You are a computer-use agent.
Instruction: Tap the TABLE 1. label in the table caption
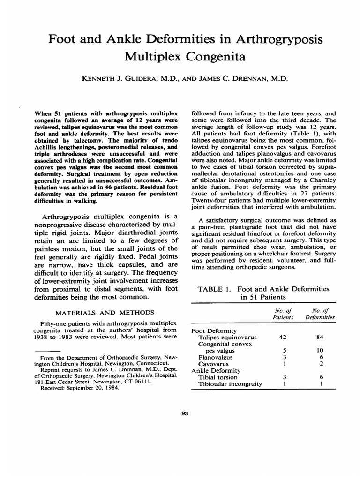point(214,289)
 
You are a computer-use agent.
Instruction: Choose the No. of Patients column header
point(282,314)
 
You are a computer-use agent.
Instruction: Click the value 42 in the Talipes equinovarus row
point(282,337)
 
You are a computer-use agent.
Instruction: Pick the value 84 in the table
point(320,337)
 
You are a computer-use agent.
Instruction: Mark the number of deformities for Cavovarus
point(320,364)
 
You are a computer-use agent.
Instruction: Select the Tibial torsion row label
point(218,377)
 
